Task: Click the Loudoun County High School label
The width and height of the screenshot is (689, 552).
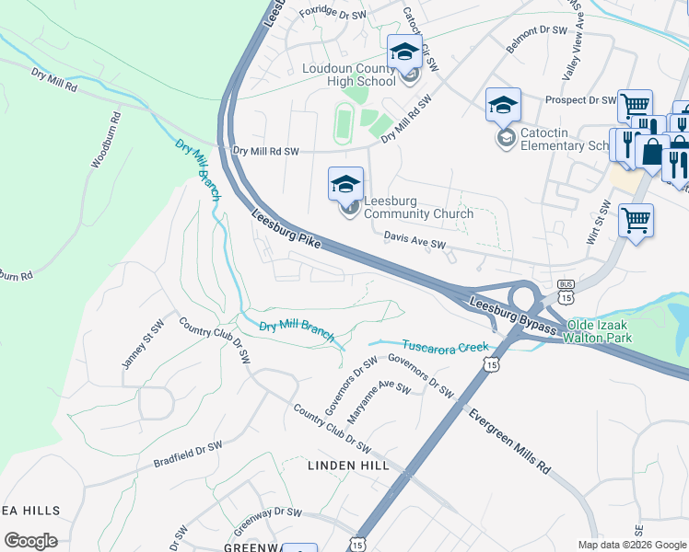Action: [x=349, y=75]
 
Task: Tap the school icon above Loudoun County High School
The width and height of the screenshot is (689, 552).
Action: [x=404, y=52]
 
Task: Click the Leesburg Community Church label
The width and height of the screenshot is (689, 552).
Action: [x=418, y=207]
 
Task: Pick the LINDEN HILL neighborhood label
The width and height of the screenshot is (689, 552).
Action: [x=347, y=466]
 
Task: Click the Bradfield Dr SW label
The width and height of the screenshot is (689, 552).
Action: [x=188, y=453]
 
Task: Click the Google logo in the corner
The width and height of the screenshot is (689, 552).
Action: [x=30, y=541]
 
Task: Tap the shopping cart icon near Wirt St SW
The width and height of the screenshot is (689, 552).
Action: [x=636, y=221]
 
